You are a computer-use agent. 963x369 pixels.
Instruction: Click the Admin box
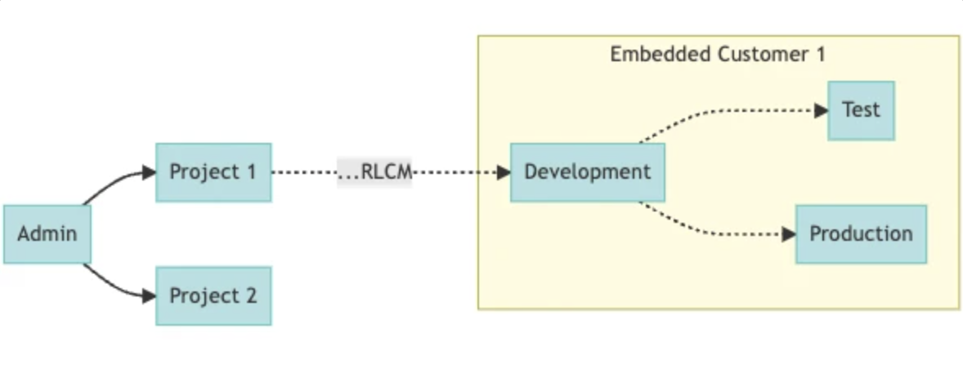[47, 234]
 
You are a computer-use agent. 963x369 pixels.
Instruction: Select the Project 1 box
[213, 172]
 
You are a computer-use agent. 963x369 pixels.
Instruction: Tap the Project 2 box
[213, 296]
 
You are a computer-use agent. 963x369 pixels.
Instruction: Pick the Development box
[587, 172]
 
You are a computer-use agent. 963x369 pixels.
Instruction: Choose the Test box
[861, 110]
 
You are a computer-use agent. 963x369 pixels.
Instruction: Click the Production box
[861, 234]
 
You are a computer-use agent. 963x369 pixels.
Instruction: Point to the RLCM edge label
[374, 172]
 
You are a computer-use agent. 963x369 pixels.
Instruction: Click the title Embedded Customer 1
[718, 55]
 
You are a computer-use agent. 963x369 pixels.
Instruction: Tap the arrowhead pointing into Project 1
[148, 172]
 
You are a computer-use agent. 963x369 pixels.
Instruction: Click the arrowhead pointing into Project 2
[148, 296]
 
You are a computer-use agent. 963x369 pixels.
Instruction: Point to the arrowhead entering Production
[788, 234]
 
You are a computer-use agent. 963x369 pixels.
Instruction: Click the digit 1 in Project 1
[250, 172]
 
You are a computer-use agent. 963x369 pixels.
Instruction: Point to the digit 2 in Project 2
[250, 296]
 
